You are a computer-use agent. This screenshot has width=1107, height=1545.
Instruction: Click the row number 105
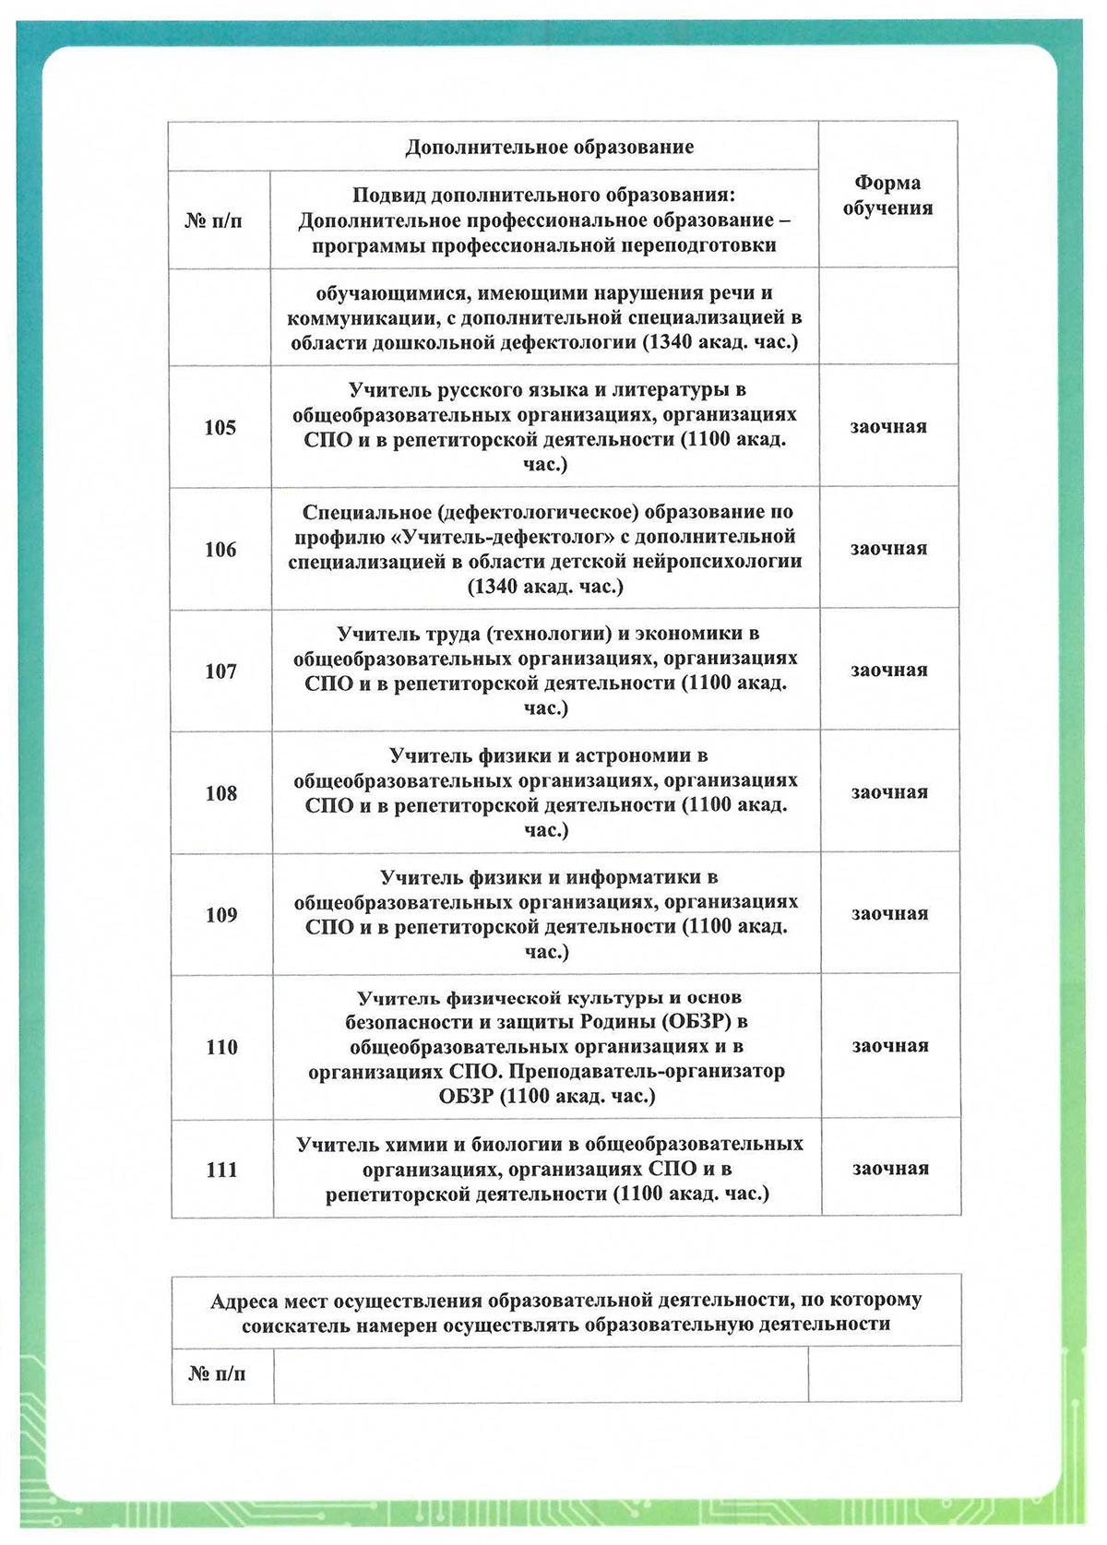pos(220,427)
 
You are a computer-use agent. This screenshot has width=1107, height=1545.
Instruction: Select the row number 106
pos(220,549)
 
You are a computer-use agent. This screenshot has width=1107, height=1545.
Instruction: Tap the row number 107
pos(220,671)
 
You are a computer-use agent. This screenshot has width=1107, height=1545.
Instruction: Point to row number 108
pos(221,792)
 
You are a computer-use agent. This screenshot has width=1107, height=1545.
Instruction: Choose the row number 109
pos(221,914)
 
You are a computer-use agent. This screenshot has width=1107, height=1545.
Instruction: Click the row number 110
pos(221,1047)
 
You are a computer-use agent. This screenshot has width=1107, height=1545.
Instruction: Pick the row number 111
pos(221,1169)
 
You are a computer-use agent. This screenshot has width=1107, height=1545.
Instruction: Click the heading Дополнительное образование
pos(550,147)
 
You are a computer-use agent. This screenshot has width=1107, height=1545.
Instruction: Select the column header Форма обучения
pos(887,195)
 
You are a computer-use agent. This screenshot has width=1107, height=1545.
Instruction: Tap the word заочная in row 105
pos(888,426)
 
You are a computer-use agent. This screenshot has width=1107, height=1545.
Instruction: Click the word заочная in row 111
pos(890,1168)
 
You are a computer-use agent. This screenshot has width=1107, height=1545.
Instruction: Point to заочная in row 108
pos(889,791)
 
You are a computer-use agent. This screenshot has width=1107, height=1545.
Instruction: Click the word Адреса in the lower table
pos(244,1301)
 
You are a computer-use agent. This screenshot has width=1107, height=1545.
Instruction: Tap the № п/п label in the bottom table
pos(217,1373)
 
